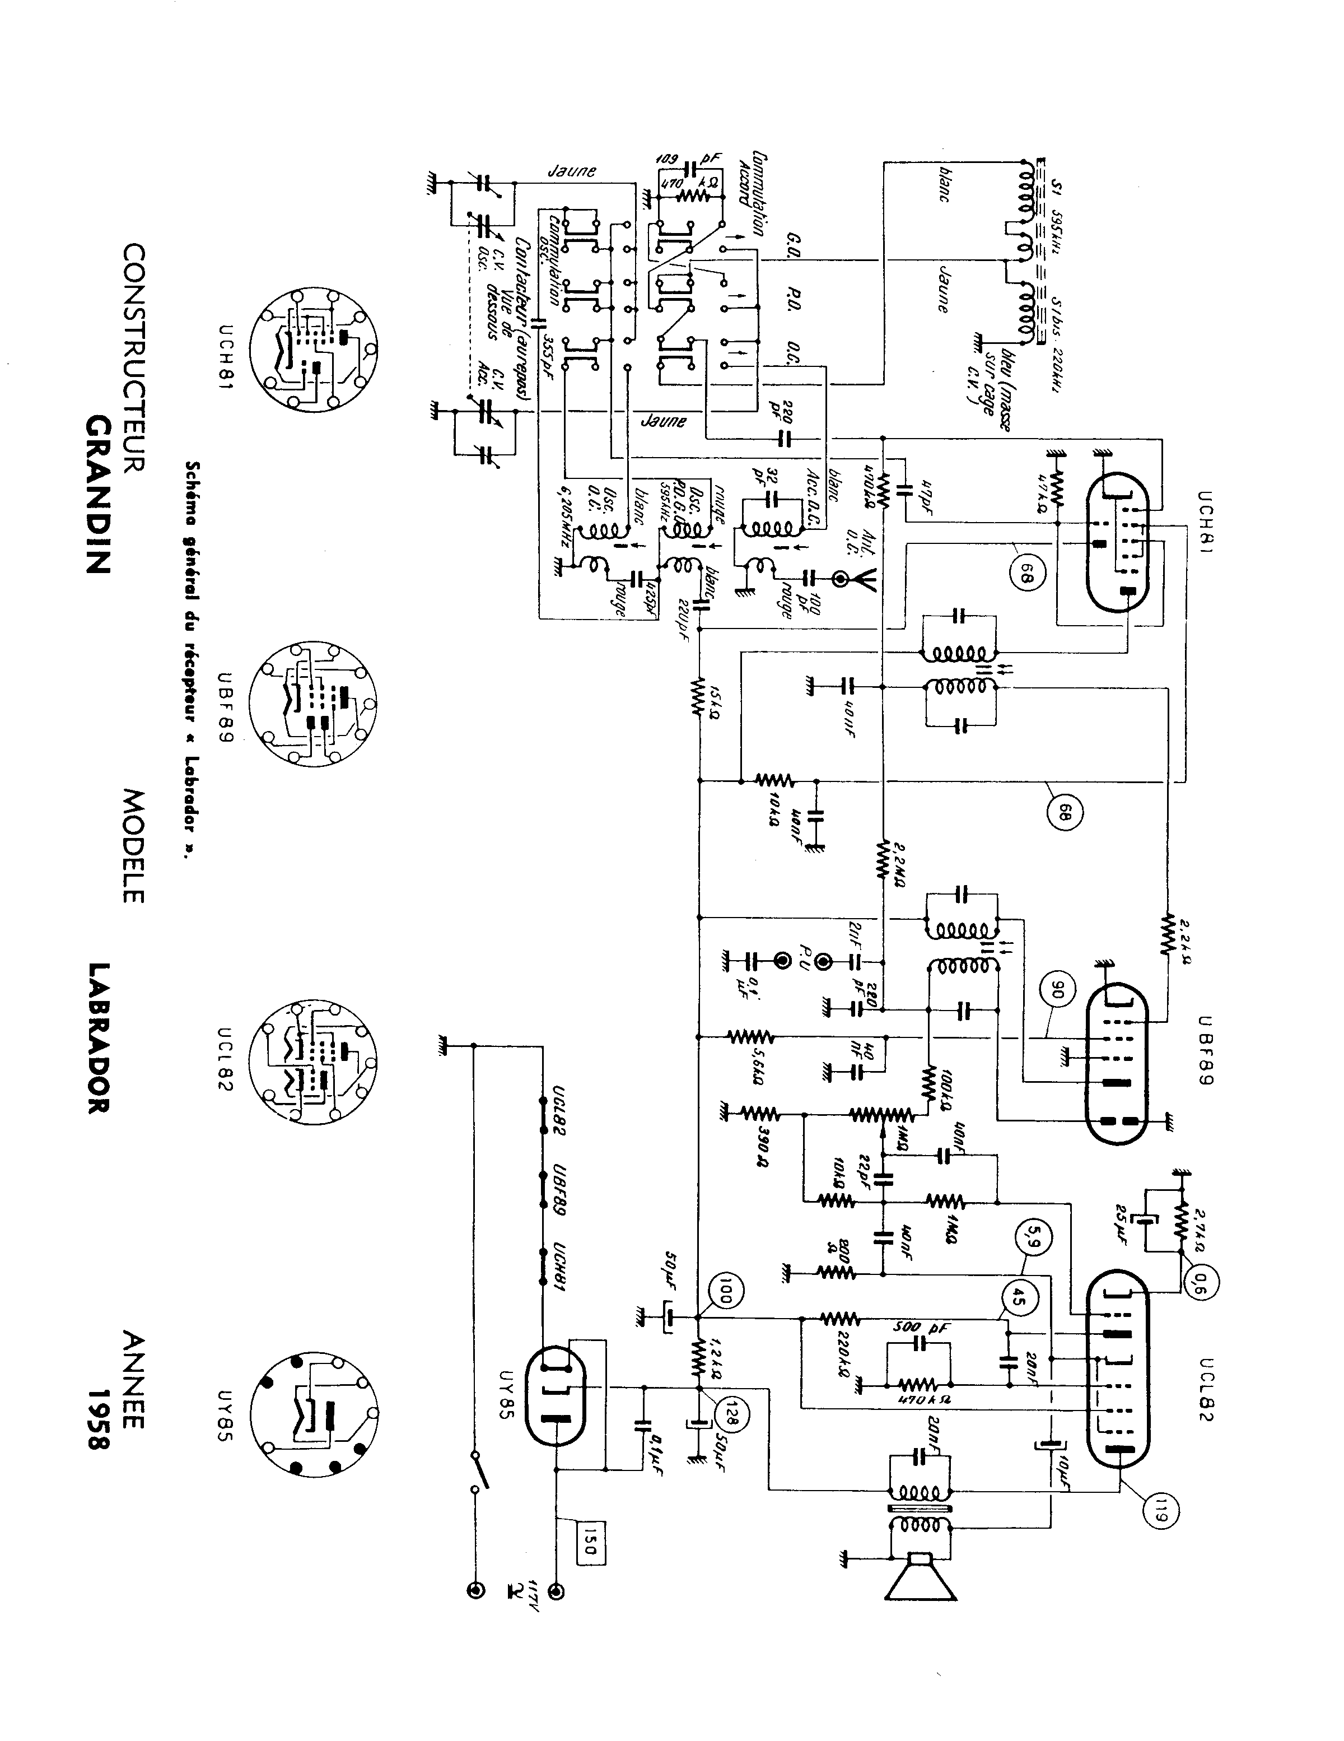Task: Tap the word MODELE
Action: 133,846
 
